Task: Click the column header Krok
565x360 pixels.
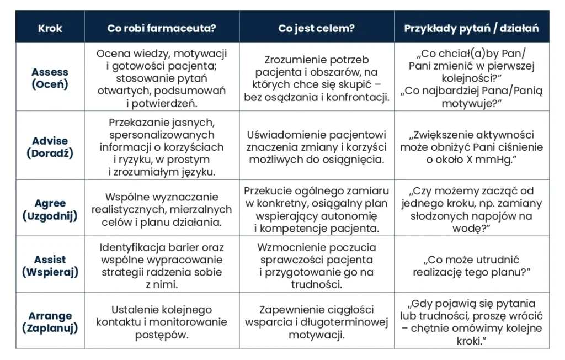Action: pos(50,28)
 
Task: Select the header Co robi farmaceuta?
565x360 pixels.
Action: pos(162,28)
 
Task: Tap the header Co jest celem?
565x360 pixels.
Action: pos(317,28)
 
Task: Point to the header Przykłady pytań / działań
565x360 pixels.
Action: pos(471,28)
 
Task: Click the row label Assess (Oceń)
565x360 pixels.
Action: pos(50,78)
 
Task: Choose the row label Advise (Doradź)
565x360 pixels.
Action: pos(50,147)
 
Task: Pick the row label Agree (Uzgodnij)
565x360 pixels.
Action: pos(50,210)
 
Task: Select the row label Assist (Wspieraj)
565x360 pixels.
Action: pos(50,266)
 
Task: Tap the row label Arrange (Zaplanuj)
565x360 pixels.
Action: pos(50,322)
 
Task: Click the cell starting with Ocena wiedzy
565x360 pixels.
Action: pos(162,78)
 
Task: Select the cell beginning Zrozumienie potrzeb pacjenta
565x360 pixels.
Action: pos(317,78)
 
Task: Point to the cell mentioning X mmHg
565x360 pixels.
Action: pos(471,147)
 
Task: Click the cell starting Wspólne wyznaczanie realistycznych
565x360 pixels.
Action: pos(162,210)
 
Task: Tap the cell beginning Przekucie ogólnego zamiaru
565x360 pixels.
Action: pos(317,210)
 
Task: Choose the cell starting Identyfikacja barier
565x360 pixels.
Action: pos(162,266)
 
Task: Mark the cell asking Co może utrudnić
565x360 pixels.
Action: pos(471,266)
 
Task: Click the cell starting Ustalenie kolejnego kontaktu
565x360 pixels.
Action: pos(162,322)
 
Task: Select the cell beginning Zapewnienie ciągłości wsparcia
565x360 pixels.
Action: pos(317,322)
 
